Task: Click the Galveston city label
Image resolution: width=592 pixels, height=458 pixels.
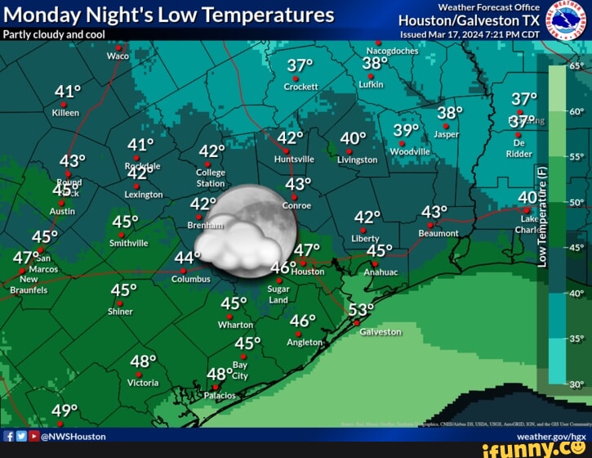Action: point(380,332)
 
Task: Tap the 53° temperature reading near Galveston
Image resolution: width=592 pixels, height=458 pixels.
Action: point(360,310)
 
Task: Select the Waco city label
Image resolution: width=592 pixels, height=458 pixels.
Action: point(118,56)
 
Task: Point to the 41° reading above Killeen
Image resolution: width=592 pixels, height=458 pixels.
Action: point(68,91)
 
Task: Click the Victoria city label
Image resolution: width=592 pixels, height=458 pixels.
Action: point(143,383)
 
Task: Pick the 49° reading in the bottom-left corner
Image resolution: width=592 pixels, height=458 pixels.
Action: point(65,411)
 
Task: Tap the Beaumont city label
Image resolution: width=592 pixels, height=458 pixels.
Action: point(438,233)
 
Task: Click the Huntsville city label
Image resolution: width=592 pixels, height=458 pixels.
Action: point(294,159)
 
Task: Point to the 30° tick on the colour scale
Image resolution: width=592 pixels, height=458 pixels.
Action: point(576,384)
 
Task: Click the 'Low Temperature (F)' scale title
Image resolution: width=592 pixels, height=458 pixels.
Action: point(543,215)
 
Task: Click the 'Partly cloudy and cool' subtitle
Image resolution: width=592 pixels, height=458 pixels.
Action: point(54,34)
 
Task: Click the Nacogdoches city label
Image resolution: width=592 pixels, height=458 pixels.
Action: point(392,51)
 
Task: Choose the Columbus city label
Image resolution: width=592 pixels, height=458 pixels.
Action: point(190,279)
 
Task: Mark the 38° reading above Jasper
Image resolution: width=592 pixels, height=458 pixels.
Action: point(450,113)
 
